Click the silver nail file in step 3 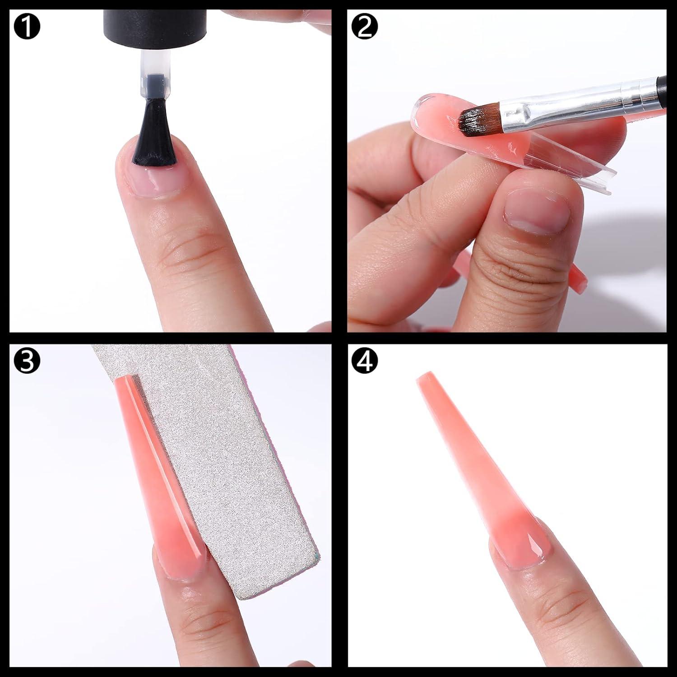pyautogui.click(x=235, y=474)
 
